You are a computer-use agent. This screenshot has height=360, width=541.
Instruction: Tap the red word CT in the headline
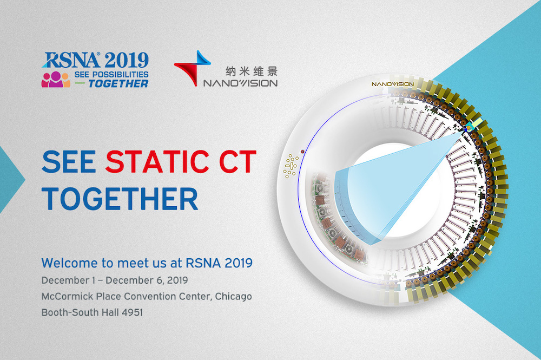point(237,161)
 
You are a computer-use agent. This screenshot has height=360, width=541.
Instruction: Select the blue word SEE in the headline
point(69,161)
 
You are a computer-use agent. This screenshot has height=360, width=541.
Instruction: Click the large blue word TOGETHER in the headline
point(120,199)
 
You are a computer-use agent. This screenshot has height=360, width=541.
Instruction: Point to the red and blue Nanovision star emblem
point(193,68)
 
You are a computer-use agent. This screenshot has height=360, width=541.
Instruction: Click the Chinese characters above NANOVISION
point(252,71)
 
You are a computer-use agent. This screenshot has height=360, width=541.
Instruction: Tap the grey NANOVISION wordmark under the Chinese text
point(241,83)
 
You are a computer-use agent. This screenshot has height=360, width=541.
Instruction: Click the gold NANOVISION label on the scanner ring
point(393,84)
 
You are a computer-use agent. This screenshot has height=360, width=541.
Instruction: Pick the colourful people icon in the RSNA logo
point(56,80)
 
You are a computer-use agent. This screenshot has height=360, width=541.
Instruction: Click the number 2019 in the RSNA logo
point(127,60)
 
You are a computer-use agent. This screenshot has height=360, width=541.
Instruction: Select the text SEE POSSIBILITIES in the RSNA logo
point(111,74)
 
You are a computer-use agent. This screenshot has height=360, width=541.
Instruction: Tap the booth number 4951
point(132,312)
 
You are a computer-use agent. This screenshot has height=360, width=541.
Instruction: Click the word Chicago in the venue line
point(233,297)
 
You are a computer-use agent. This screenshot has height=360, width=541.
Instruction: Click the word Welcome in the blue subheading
point(70,263)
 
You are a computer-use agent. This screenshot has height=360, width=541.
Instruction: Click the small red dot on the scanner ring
point(302,152)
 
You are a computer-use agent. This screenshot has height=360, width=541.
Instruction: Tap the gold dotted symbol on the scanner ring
point(291,166)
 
